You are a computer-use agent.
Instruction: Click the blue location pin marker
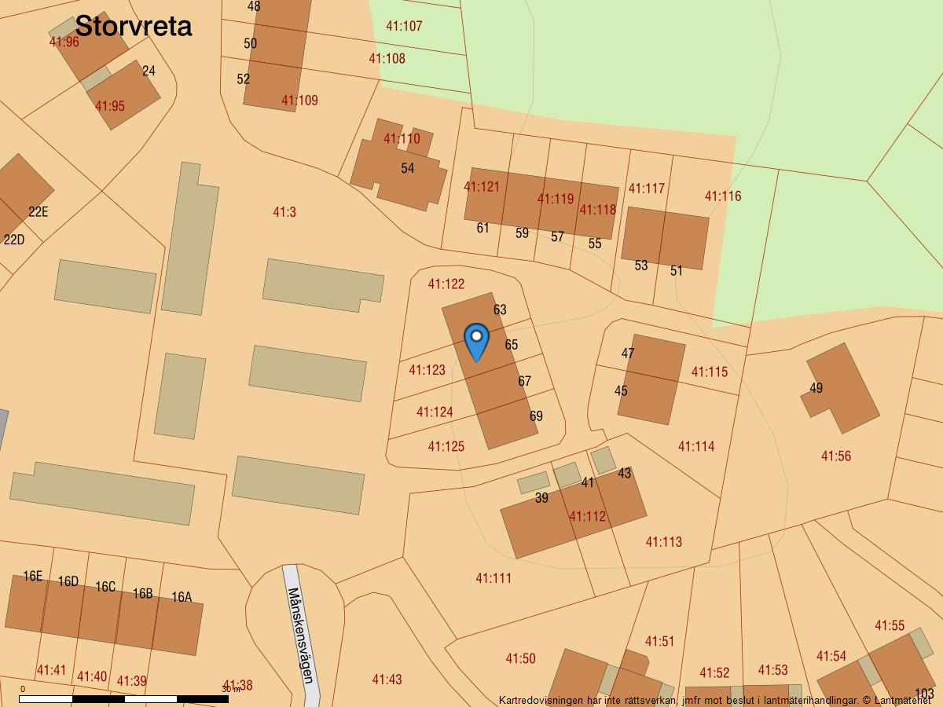(x=476, y=342)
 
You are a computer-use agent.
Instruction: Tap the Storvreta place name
(x=134, y=26)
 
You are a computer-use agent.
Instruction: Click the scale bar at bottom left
(x=124, y=698)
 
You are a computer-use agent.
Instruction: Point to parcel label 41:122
(x=446, y=284)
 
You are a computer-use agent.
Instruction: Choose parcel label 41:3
(x=284, y=212)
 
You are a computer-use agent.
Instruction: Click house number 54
(x=407, y=168)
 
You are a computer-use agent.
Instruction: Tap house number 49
(x=816, y=388)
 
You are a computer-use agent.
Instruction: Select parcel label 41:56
(x=835, y=456)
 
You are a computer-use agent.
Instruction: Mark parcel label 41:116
(x=722, y=196)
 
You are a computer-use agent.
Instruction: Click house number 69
(x=536, y=416)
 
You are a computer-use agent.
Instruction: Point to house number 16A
(x=182, y=597)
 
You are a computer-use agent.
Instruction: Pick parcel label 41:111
(x=494, y=578)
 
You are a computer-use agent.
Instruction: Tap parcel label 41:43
(x=387, y=680)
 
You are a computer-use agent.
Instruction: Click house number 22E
(x=38, y=212)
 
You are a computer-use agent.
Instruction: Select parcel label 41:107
(x=404, y=26)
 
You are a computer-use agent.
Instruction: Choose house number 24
(x=149, y=71)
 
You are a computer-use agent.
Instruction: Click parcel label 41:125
(x=446, y=446)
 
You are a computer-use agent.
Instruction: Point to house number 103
(x=924, y=694)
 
